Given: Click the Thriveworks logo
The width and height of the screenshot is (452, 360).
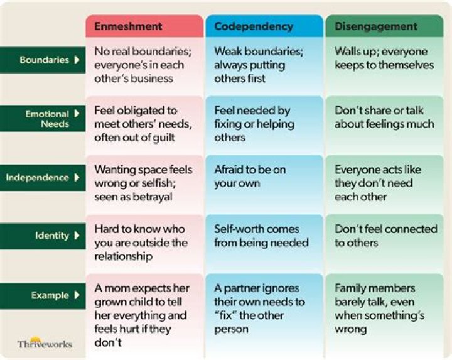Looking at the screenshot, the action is click(45, 342).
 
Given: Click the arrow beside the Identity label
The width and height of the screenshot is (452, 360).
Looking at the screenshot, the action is click(77, 236).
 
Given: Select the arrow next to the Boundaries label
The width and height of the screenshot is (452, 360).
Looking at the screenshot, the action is click(77, 60).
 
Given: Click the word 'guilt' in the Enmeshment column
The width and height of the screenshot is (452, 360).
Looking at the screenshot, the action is click(163, 138).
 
